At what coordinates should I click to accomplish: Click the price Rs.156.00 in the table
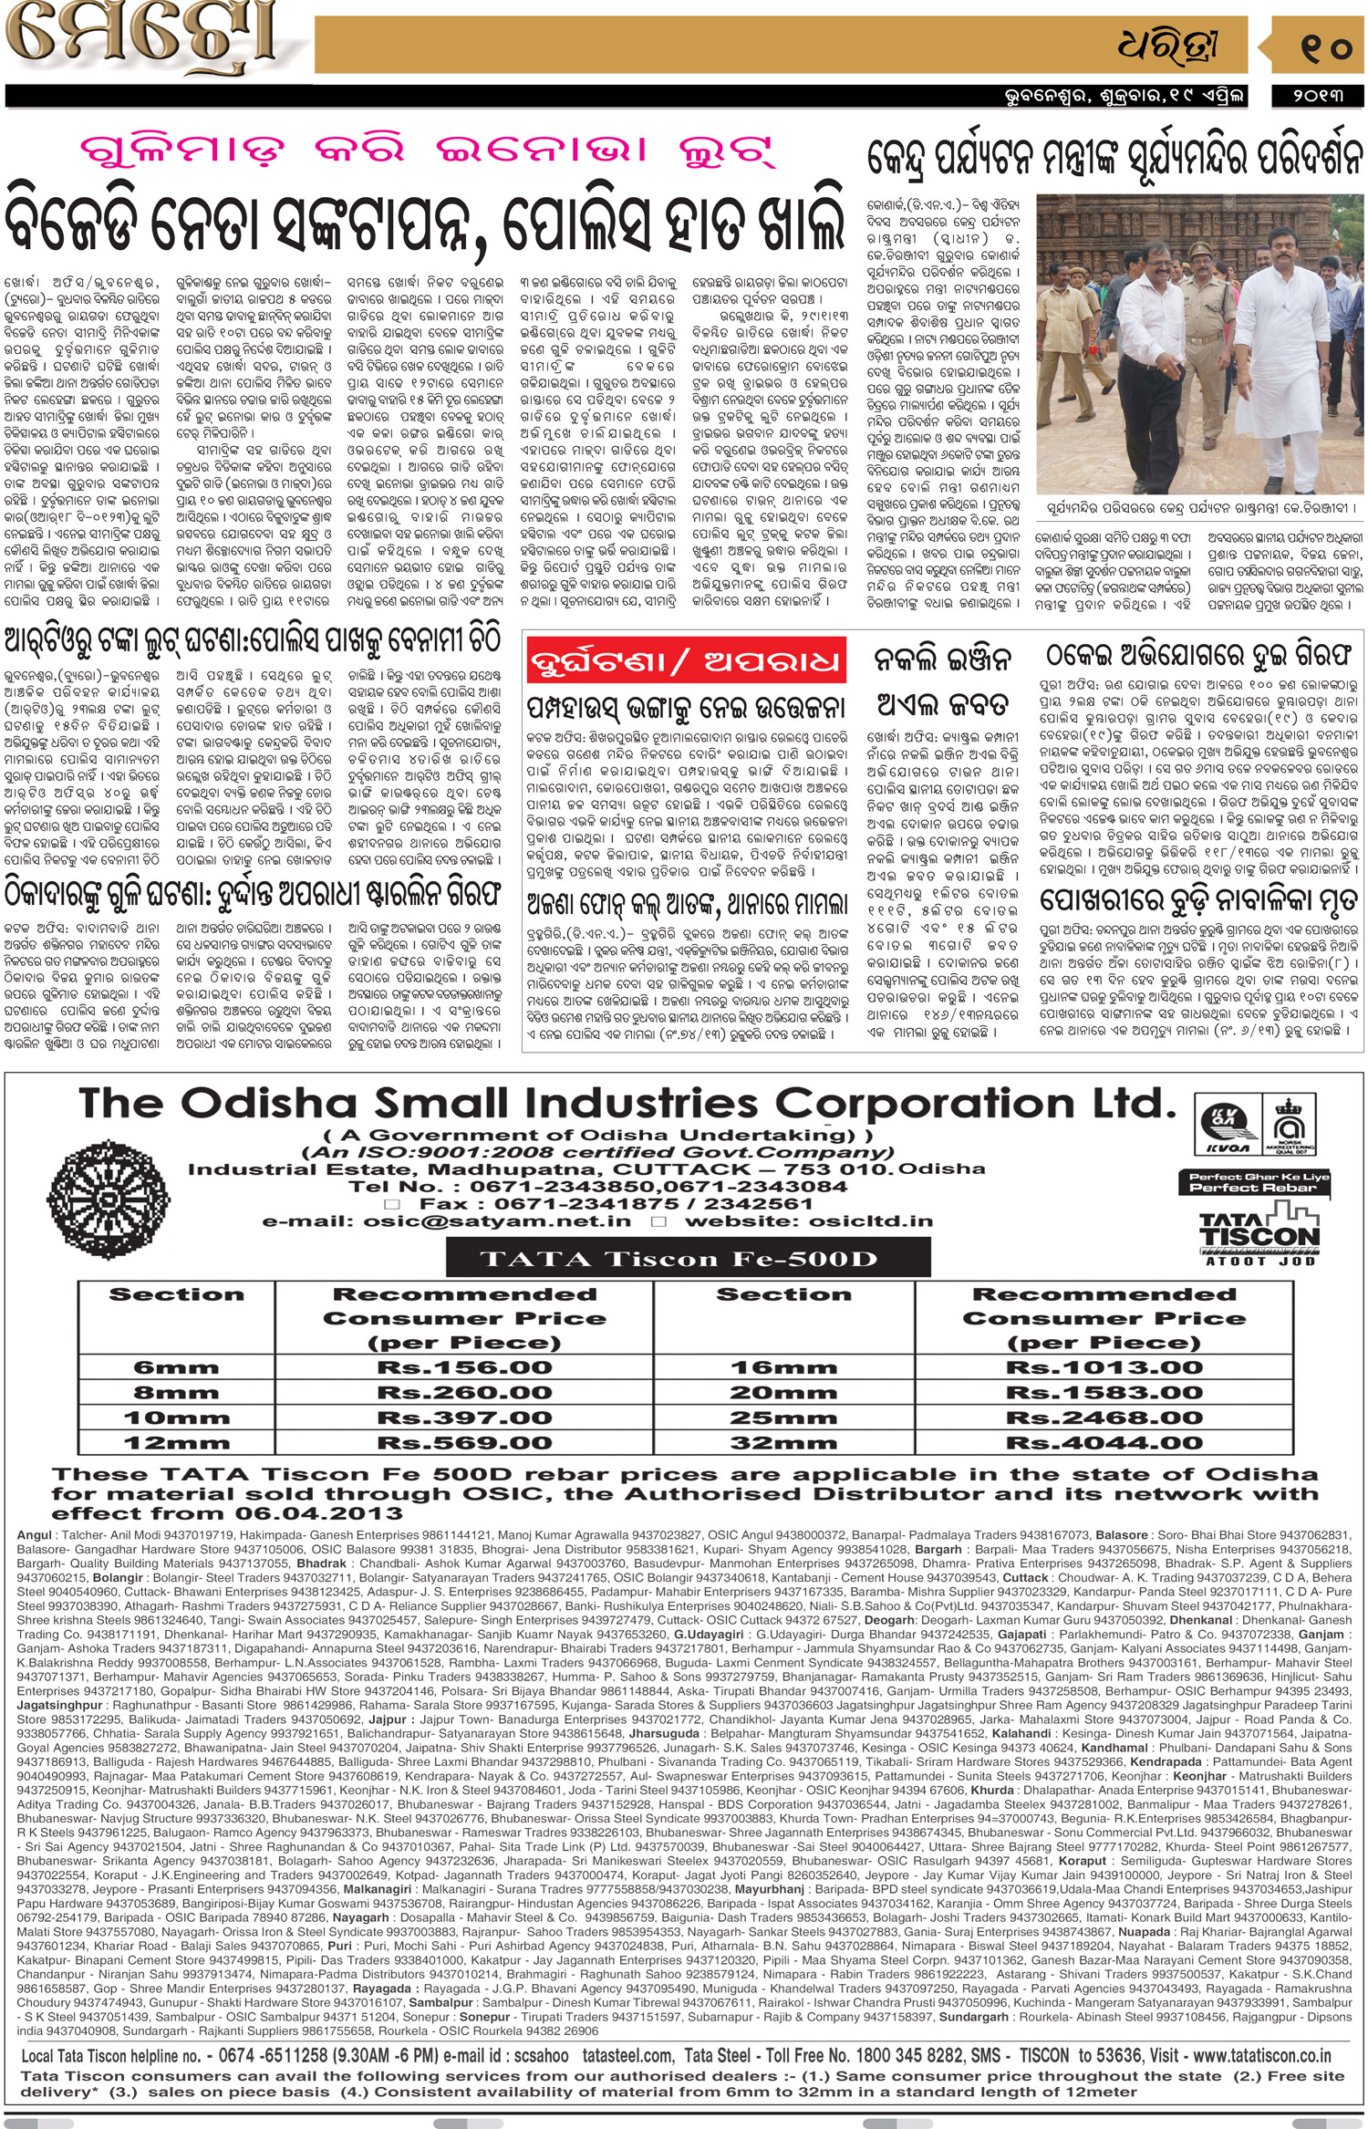point(464,1367)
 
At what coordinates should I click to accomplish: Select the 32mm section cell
point(783,1443)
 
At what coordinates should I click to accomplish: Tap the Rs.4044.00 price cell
point(1104,1443)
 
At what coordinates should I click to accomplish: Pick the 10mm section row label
point(176,1418)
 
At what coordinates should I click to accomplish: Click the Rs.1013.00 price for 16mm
point(1104,1367)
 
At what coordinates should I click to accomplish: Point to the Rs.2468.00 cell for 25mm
point(1104,1418)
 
